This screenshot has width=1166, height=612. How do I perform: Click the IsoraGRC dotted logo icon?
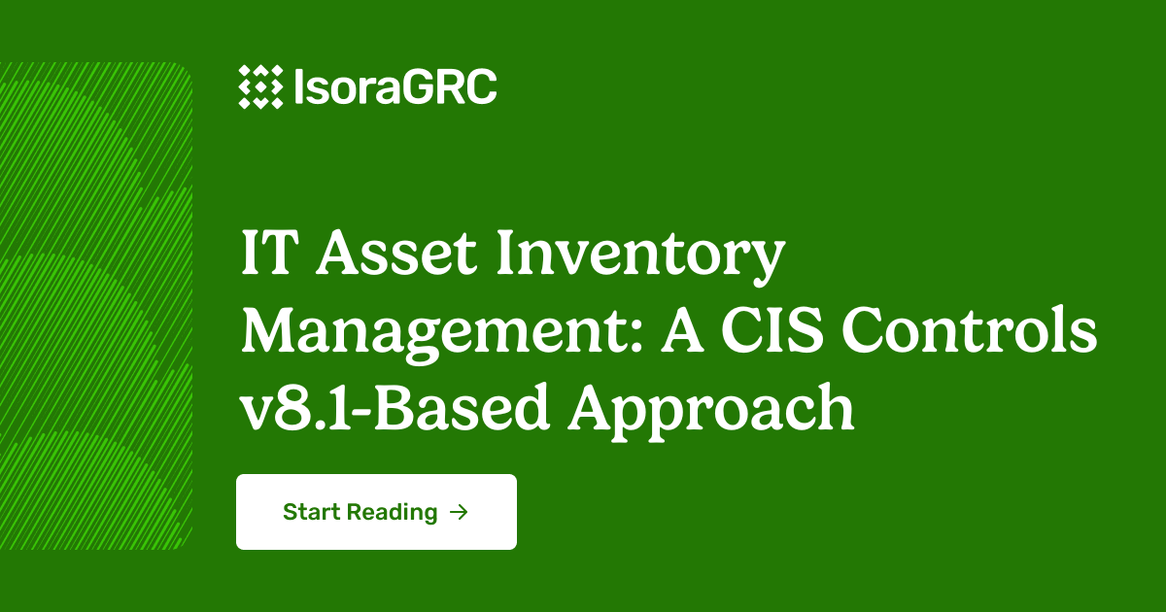(260, 87)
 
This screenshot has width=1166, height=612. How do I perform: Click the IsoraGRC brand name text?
(394, 88)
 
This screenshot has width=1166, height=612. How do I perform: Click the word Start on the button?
(311, 512)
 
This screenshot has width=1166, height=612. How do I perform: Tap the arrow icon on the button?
(460, 512)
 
